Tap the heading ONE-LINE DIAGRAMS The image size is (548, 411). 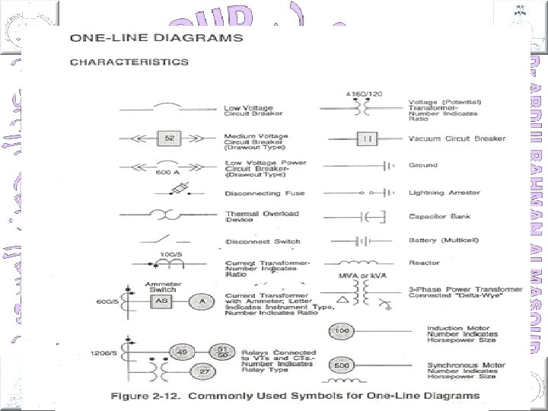click(x=157, y=37)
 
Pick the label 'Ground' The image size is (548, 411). click(x=423, y=165)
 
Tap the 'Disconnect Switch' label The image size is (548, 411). click(x=263, y=242)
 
